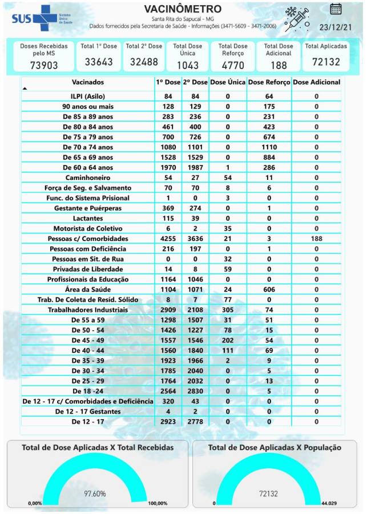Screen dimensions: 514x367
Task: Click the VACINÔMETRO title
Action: click(183, 9)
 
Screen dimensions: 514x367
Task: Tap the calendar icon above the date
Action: click(336, 9)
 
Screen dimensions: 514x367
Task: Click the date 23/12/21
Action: click(335, 27)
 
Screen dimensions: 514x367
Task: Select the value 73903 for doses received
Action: click(44, 65)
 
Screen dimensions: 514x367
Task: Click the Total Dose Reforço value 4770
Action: click(233, 65)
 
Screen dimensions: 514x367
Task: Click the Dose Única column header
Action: click(228, 82)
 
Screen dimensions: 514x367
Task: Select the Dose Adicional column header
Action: click(316, 82)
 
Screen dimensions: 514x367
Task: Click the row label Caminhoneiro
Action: click(88, 178)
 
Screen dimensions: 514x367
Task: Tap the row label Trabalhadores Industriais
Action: click(88, 310)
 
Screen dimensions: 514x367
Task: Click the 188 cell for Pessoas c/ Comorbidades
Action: click(316, 239)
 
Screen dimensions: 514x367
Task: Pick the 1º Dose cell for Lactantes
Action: click(168, 218)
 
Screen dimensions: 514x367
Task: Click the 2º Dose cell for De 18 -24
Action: click(195, 391)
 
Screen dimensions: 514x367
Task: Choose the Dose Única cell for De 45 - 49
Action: click(228, 340)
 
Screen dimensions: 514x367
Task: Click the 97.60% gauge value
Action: click(95, 493)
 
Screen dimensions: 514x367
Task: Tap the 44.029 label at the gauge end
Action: click(345, 503)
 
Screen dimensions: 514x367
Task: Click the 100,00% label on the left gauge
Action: click(157, 503)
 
